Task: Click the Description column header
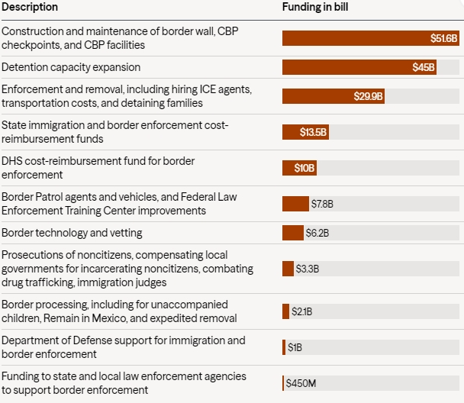coord(29,7)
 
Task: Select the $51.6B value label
coord(443,37)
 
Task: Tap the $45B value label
coord(424,67)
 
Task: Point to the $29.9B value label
coord(369,96)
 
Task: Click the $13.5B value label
coord(313,132)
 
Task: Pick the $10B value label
coord(304,168)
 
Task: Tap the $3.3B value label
coord(308,269)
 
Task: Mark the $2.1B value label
coord(302,311)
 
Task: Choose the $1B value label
coord(295,347)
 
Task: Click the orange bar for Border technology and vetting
coord(292,233)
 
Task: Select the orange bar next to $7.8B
coord(295,204)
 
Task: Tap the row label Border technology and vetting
coord(72,233)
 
